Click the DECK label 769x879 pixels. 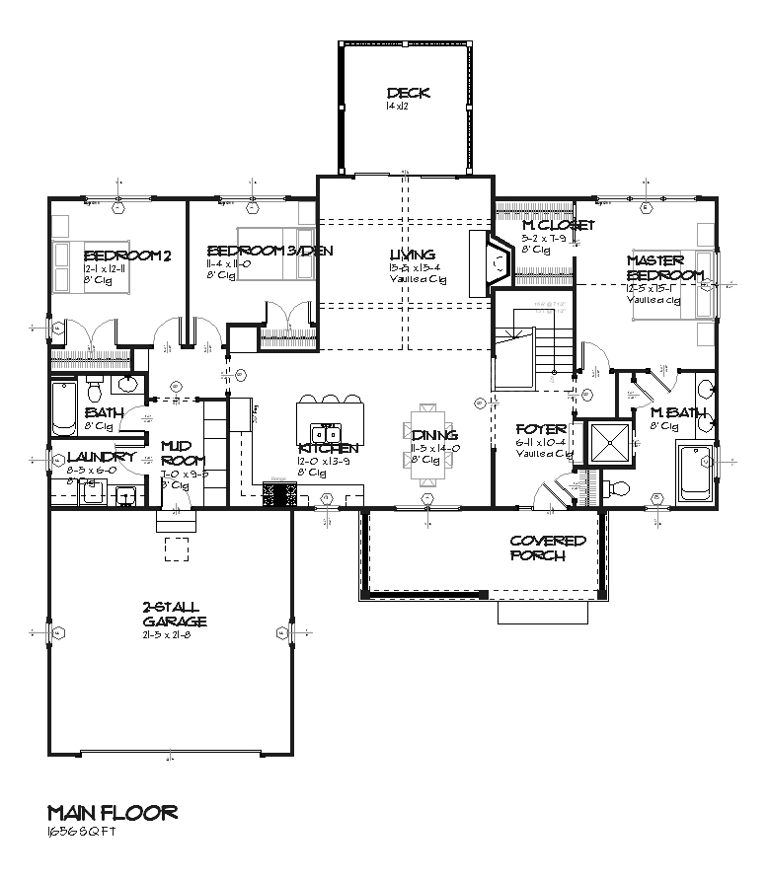[x=408, y=94]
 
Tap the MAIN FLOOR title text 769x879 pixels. [x=113, y=813]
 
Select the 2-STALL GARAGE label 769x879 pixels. [x=173, y=615]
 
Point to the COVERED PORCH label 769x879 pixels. [x=547, y=549]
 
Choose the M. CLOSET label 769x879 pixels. [x=558, y=226]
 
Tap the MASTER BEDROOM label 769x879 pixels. [x=665, y=267]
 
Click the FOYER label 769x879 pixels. [x=541, y=430]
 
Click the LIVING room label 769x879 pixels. [x=412, y=255]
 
